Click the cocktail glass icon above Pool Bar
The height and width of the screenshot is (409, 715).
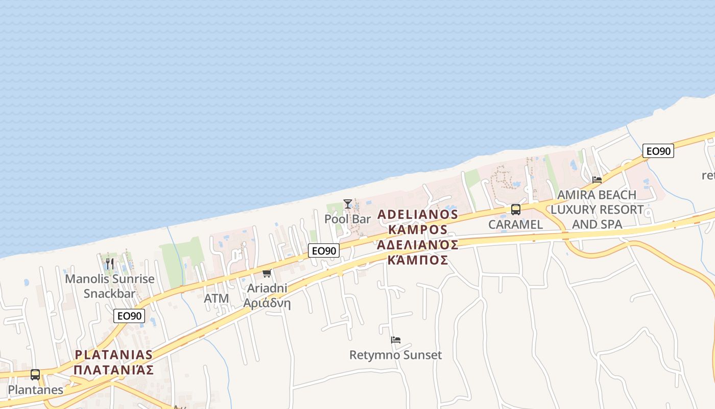pos(348,204)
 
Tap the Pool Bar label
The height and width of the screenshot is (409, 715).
pos(348,219)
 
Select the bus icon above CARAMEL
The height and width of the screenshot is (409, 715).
pos(516,209)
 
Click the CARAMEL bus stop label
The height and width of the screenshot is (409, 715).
pos(515,224)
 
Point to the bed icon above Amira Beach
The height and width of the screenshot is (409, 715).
pos(597,180)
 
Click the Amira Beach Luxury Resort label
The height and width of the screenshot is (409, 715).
pos(597,210)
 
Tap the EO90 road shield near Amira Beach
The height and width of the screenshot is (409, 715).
pos(658,151)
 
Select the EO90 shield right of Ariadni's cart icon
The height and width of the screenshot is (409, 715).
pos(324,251)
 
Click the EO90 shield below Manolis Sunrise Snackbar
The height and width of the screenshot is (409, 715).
pos(130,316)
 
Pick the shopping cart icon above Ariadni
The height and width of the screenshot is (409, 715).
pos(267,274)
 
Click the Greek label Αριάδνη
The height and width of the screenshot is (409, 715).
pos(267,303)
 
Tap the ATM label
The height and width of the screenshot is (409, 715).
pos(217,298)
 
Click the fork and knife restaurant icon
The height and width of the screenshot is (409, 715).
pos(110,264)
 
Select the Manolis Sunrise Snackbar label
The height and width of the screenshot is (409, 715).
pos(110,286)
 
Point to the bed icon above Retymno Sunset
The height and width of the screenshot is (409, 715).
pos(396,340)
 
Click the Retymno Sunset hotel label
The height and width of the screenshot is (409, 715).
pos(396,355)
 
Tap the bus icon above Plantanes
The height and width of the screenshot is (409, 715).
pos(35,375)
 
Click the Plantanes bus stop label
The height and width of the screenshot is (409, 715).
pos(36,390)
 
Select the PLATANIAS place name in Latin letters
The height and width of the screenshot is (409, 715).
pos(113,354)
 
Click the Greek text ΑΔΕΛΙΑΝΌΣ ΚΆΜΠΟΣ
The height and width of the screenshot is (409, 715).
pos(417,252)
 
